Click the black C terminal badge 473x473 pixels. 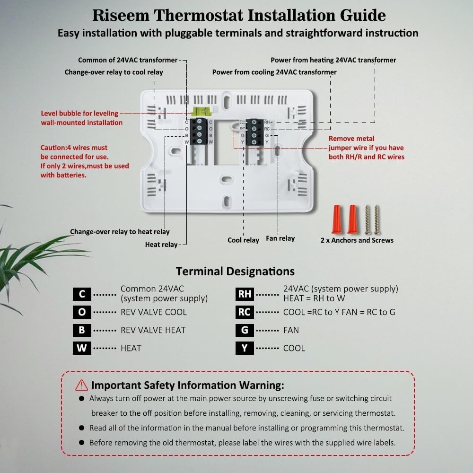pos(82,294)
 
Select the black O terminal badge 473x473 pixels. pos(82,312)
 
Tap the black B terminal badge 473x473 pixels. pos(82,330)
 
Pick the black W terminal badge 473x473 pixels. pos(82,348)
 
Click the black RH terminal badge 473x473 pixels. pos(245,294)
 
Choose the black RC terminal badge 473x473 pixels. pos(245,312)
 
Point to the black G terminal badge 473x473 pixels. pos(245,330)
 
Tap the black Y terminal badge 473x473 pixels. pos(245,348)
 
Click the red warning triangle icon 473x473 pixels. pos(82,385)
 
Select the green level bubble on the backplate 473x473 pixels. pos(199,112)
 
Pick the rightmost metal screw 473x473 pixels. pos(377,219)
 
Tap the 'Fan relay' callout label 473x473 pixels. pos(280,238)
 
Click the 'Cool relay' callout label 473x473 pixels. pos(243,240)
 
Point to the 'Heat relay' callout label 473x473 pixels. pos(161,245)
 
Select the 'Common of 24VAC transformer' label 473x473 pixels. pos(128,60)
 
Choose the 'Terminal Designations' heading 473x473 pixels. pos(235,271)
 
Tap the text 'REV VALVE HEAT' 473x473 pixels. pos(153,330)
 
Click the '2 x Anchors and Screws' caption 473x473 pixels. pos(357,240)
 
